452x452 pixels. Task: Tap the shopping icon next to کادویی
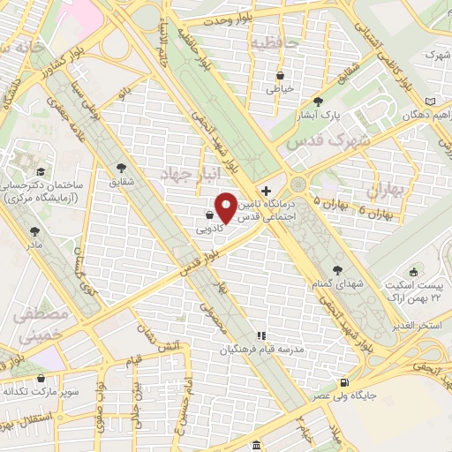point(208,215)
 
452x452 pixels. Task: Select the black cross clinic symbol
point(266,191)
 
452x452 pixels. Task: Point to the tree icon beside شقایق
point(120,169)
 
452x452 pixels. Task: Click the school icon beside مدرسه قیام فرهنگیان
point(260,335)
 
